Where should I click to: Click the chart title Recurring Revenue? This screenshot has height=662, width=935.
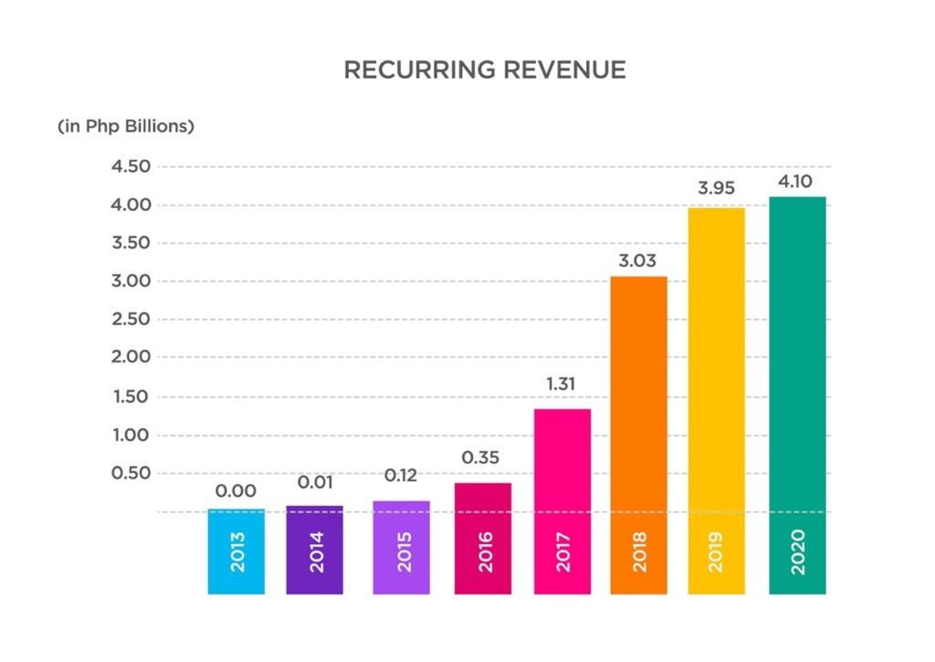click(x=485, y=70)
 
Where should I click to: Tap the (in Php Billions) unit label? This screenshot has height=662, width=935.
click(x=126, y=126)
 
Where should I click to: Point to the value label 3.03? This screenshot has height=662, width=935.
click(x=638, y=261)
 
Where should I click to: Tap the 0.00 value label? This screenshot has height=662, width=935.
click(x=236, y=492)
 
